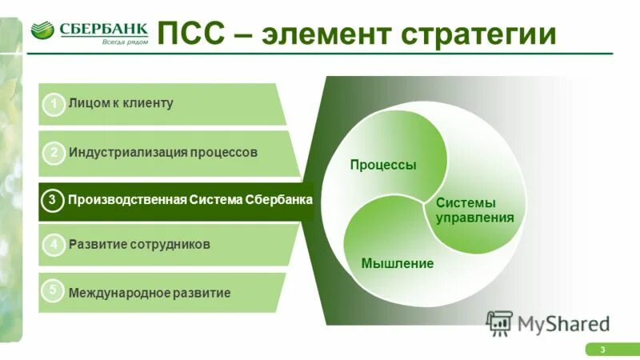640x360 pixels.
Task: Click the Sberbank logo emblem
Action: pyautogui.click(x=42, y=31)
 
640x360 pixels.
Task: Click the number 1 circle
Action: pyautogui.click(x=54, y=105)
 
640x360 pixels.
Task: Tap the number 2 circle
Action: pyautogui.click(x=54, y=153)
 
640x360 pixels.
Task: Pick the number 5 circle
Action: pyautogui.click(x=54, y=290)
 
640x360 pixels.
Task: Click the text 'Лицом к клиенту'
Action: pyautogui.click(x=121, y=103)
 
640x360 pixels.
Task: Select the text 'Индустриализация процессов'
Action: pyautogui.click(x=163, y=152)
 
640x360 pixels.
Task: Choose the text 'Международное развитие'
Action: pyautogui.click(x=150, y=293)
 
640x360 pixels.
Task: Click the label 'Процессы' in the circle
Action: pyautogui.click(x=383, y=165)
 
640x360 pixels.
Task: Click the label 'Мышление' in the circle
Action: pyautogui.click(x=398, y=263)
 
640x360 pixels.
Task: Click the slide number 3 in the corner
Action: pyautogui.click(x=602, y=350)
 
